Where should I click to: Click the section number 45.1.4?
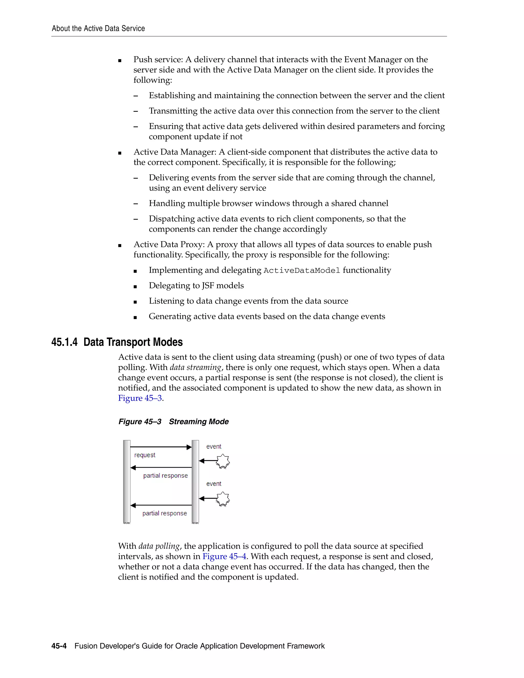point(64,342)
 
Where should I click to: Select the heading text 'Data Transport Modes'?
point(133,342)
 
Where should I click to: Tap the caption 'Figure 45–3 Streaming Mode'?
point(173,422)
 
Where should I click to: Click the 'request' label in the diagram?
point(145,455)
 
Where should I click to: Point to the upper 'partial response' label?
point(166,476)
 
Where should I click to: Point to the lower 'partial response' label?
point(165,513)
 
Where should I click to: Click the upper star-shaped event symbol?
point(223,461)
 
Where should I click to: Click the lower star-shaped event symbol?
point(223,499)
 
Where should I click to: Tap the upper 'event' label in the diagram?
point(214,446)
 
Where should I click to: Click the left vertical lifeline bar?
point(127,481)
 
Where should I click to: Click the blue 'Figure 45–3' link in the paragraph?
point(140,398)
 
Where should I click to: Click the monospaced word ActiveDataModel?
point(302,271)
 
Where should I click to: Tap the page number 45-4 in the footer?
point(59,646)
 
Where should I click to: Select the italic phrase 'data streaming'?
point(195,368)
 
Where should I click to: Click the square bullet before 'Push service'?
point(120,61)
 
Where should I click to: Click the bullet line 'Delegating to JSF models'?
point(196,286)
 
